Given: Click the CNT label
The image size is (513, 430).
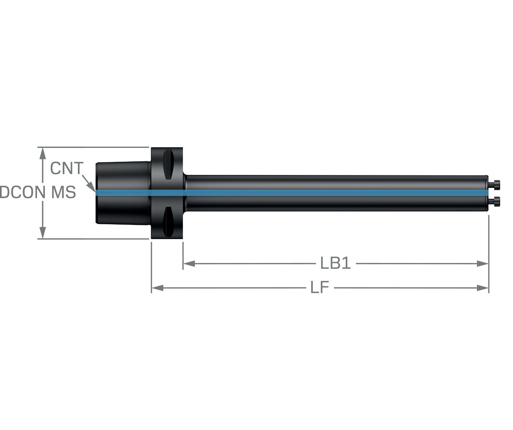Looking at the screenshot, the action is pos(67,168).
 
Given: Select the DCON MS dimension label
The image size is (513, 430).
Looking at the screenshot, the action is pos(38,192).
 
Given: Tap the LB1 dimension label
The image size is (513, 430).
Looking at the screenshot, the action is pos(336,263).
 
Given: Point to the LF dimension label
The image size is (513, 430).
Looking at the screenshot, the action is pos(320,287).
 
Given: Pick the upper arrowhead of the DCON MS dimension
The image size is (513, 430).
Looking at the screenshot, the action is pos(43,153).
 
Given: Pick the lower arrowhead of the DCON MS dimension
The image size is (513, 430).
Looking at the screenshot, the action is pos(43,233).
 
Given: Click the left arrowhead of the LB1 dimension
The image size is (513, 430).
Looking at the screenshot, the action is pos(189,264).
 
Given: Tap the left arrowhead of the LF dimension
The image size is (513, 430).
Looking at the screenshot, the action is pos(157,288).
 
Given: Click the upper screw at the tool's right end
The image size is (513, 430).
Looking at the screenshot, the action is pos(494,185).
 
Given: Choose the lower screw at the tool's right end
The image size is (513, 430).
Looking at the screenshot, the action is pos(494,201).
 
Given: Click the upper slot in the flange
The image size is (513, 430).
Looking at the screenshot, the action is pos(168,164).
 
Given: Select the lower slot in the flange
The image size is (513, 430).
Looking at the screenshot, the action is pos(168,222).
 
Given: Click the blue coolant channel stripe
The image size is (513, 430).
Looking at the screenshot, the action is pos(292,193).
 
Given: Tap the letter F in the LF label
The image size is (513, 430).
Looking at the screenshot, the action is pos(325,287).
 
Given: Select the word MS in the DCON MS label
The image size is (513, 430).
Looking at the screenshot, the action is pos(64,192).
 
